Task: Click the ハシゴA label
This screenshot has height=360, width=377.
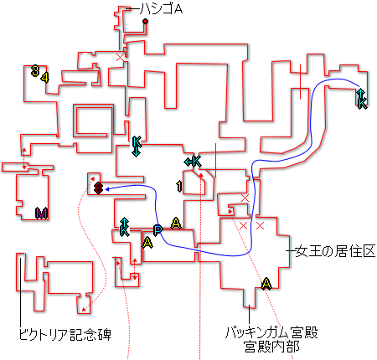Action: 161,9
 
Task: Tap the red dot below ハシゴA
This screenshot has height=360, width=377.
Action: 145,21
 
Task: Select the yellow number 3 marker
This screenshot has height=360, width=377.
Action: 35,70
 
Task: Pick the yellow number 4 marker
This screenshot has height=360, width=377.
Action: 45,77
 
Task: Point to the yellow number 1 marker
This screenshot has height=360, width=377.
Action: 179,186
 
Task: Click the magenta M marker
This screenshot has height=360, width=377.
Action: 41,213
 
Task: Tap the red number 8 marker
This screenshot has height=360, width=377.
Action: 98,188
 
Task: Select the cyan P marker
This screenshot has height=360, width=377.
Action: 158,230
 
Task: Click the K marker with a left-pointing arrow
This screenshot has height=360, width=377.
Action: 193,162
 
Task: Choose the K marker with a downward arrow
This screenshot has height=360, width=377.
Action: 137,147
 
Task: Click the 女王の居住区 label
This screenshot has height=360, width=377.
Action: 335,251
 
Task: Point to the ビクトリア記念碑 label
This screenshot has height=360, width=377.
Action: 65,335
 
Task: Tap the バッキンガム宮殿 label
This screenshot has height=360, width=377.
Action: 271,332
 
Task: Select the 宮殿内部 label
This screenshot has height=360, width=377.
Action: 271,347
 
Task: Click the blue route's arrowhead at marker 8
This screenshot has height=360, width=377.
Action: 106,189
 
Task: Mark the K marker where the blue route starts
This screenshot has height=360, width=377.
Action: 362,99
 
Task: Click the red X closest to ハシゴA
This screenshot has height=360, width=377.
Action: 121,58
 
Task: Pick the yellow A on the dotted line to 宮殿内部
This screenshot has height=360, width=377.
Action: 266,284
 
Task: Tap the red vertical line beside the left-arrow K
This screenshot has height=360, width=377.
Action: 215,161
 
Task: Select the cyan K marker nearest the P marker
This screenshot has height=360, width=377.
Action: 124,227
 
